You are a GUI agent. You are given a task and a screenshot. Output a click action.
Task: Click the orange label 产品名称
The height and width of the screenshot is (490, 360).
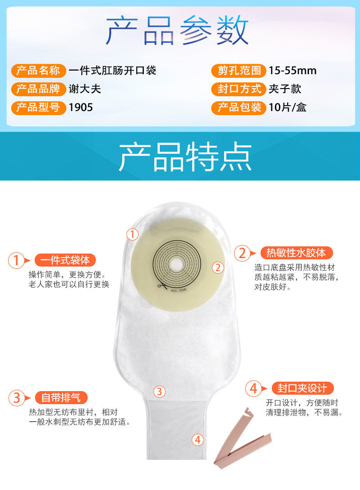click(38, 71)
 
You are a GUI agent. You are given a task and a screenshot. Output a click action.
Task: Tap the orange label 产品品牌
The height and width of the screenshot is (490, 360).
click(38, 89)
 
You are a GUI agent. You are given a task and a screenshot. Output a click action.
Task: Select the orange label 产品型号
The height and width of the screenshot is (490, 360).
click(38, 107)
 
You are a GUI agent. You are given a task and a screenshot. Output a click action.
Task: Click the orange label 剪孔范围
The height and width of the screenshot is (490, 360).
click(236, 71)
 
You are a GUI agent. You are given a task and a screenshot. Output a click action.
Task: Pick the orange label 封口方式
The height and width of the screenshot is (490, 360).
click(236, 89)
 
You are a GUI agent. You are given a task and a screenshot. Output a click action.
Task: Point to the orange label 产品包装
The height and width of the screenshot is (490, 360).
click(236, 107)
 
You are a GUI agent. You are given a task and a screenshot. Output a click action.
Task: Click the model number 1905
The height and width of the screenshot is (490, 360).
click(81, 108)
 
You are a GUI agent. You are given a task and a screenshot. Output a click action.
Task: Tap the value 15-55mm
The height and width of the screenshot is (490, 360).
click(292, 71)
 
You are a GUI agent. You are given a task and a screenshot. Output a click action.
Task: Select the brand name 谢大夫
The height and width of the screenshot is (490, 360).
click(85, 89)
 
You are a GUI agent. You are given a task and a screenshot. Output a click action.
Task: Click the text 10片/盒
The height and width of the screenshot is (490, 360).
click(288, 108)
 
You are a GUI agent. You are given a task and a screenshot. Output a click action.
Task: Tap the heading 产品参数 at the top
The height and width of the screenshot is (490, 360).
click(177, 31)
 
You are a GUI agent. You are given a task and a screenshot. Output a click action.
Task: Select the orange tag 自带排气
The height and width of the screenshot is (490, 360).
click(61, 397)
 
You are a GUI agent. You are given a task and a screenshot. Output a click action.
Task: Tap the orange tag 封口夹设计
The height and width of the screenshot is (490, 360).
click(299, 388)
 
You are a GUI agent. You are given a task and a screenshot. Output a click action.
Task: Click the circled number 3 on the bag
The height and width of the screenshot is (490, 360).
click(159, 391)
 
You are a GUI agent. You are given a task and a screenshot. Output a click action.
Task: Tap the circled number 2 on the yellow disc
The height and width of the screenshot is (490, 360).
click(218, 268)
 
